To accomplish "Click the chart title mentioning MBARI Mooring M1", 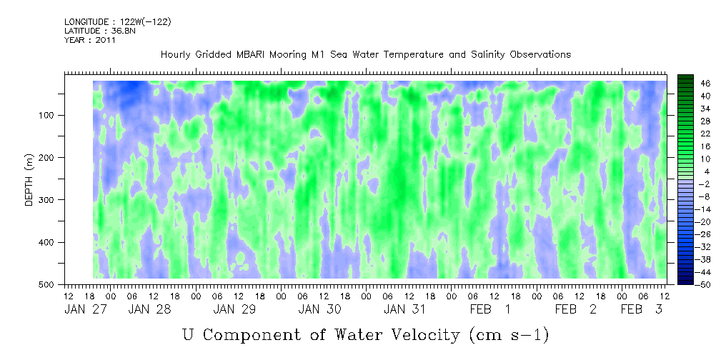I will pos(365,55).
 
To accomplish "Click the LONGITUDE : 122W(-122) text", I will pos(118,22).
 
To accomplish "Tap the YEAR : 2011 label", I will pos(90,40).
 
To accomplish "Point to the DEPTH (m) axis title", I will pos(29,183).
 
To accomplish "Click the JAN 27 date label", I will pos(84,309).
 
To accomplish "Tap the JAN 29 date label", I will pos(236,309).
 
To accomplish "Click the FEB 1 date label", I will pos(490,309).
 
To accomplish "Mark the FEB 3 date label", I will pos(641,309).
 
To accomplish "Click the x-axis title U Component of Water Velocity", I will pos(365,334).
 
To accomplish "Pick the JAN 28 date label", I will pos(149,309).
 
